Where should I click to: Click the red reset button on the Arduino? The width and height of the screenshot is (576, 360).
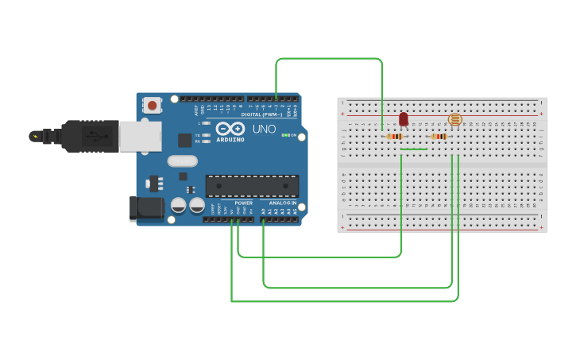click(x=152, y=104)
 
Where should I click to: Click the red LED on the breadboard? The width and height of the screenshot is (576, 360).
click(x=404, y=119)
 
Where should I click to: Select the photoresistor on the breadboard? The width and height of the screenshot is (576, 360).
click(x=454, y=120)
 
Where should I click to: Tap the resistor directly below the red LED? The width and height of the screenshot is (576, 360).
click(x=395, y=137)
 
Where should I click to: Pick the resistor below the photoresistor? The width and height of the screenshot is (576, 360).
click(x=439, y=137)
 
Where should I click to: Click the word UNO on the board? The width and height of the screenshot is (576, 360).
click(x=264, y=129)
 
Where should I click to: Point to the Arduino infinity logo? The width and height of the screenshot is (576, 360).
click(x=230, y=128)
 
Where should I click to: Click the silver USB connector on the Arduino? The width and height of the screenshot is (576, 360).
click(x=141, y=136)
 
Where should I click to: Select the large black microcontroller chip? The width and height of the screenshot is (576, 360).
click(x=253, y=186)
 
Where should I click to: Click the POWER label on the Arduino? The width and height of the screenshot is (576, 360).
click(x=244, y=203)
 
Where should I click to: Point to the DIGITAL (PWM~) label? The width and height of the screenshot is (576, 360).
click(x=261, y=114)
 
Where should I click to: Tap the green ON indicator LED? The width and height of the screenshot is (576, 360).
click(x=286, y=135)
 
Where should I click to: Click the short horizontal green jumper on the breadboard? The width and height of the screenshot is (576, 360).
click(x=414, y=149)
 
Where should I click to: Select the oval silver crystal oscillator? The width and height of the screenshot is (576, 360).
click(x=182, y=161)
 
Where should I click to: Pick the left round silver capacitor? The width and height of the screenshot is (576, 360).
click(x=179, y=206)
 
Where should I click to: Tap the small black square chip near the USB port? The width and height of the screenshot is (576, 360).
click(x=185, y=140)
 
